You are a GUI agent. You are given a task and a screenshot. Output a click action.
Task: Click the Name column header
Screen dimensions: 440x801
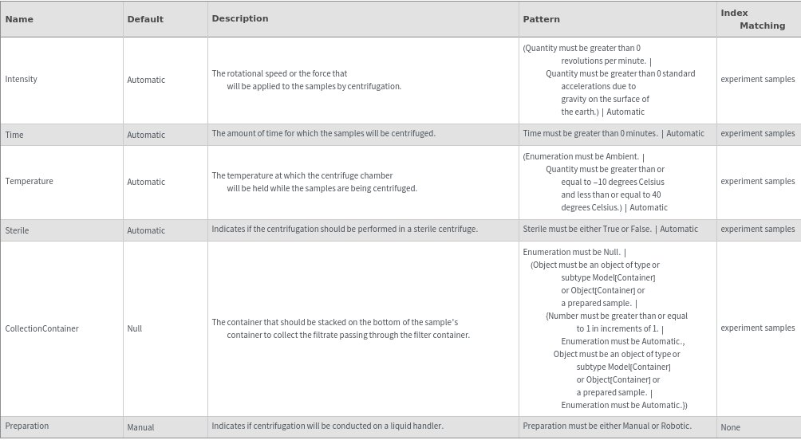(19, 19)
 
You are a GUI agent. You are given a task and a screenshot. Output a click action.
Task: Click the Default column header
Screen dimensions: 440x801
(145, 19)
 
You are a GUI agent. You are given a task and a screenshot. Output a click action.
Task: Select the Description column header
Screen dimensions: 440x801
(240, 18)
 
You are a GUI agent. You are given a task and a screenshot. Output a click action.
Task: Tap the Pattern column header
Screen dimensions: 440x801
(541, 19)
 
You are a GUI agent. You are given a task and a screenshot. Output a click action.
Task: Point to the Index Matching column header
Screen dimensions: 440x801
(752, 19)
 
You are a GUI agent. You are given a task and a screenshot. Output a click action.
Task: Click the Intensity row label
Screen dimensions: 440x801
(22, 79)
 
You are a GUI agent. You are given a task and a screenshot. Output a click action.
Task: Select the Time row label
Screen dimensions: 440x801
(14, 135)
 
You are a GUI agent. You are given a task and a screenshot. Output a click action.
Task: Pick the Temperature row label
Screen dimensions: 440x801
(30, 181)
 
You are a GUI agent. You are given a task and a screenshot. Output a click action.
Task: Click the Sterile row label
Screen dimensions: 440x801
(17, 230)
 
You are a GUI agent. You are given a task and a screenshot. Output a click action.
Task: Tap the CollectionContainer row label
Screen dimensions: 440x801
(41, 328)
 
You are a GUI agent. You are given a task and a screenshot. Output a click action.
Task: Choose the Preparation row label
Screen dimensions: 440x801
(27, 426)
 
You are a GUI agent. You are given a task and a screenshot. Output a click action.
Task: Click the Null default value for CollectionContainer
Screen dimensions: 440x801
(135, 328)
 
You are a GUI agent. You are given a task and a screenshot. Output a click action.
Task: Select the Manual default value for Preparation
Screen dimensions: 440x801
(140, 427)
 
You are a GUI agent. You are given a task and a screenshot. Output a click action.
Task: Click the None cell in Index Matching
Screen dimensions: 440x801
(730, 427)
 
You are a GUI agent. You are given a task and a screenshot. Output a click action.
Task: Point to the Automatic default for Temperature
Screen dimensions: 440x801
(146, 182)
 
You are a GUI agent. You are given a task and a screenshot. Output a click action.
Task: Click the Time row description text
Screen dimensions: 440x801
(323, 133)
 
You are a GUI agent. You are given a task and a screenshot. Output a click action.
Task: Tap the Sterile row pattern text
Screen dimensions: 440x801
(610, 229)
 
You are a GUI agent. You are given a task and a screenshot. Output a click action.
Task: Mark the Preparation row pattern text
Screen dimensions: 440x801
(607, 426)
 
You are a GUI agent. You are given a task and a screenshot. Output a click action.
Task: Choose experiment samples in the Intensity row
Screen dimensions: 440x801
(757, 79)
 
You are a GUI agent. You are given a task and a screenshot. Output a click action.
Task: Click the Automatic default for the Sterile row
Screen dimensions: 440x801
(146, 230)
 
